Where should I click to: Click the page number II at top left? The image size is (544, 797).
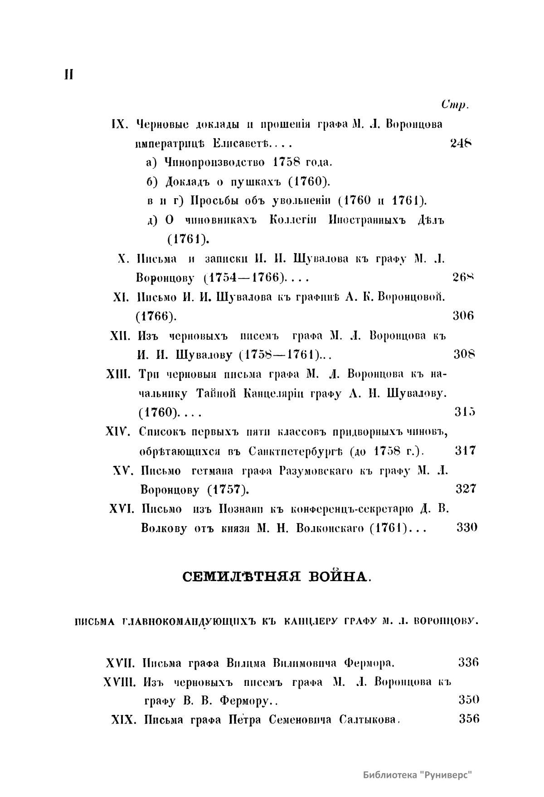[68, 75]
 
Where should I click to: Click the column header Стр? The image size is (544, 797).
[454, 105]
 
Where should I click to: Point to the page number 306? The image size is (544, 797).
[463, 316]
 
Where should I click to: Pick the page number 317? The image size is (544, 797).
[465, 450]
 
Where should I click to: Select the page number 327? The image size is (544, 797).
[465, 489]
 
